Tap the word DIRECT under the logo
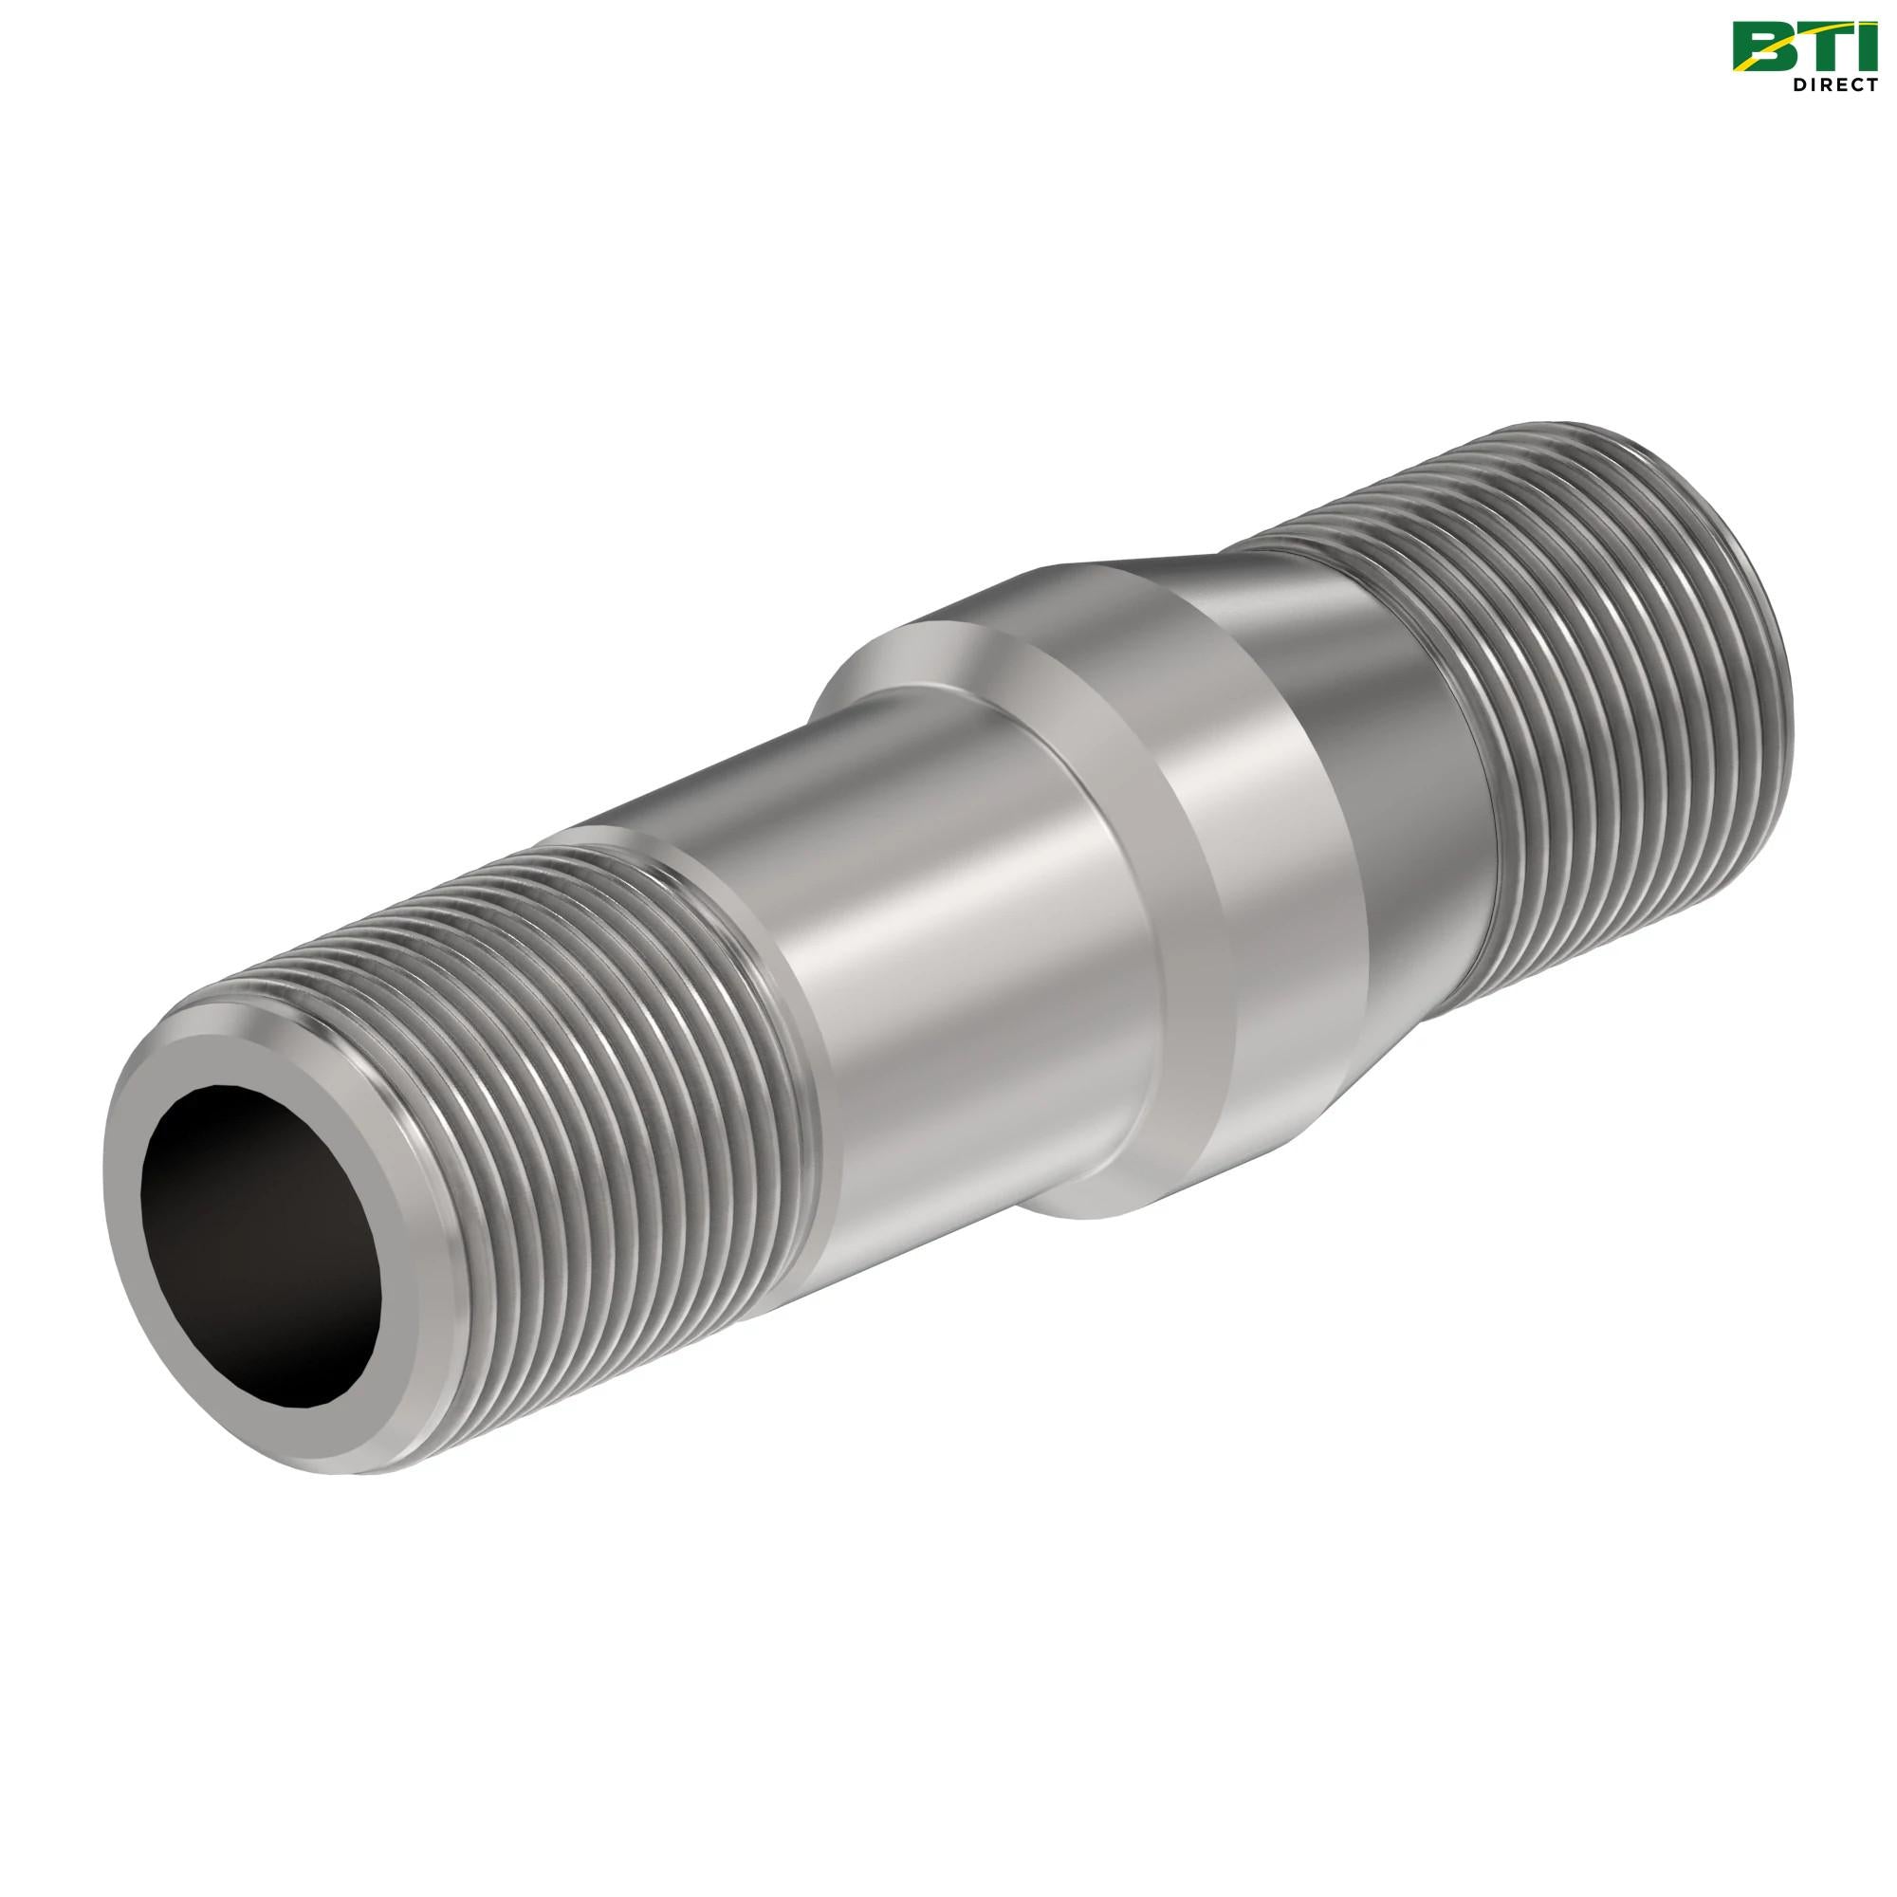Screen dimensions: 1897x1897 pyautogui.click(x=1833, y=85)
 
